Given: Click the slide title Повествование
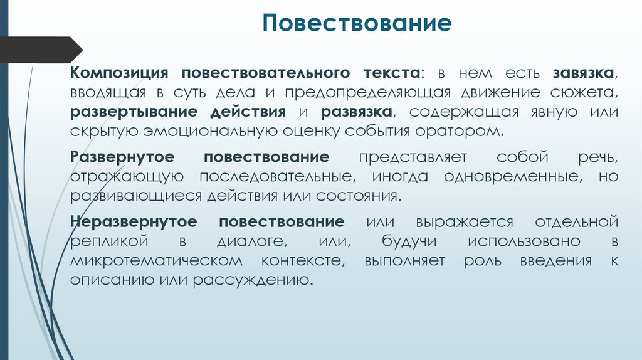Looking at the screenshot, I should pyautogui.click(x=357, y=23).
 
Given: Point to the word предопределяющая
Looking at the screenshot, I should pyautogui.click(x=368, y=92).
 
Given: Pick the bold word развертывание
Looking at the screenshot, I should pyautogui.click(x=132, y=112).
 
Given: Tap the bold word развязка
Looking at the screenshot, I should pyautogui.click(x=356, y=112).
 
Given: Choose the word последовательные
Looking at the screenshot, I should pyautogui.click(x=276, y=177).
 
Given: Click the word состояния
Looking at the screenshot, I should pyautogui.click(x=357, y=196).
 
